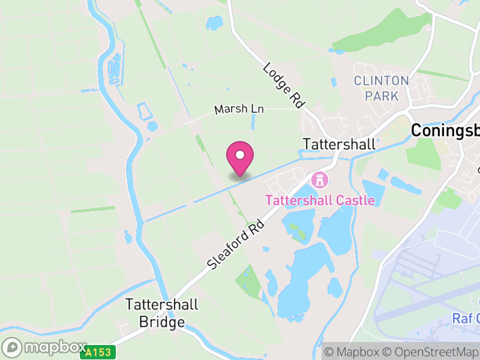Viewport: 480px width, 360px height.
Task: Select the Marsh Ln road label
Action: pos(239,110)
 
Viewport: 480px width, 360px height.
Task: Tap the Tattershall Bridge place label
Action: pos(161,313)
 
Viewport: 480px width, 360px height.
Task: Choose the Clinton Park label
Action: pos(381,88)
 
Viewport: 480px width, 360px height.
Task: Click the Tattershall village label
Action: pos(340,145)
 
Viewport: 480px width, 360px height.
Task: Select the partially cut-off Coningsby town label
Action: pos(445,131)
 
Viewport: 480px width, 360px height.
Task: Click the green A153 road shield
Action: pos(93,353)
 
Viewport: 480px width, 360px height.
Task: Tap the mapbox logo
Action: pos(44,347)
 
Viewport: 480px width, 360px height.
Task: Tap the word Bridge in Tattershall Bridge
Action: pos(161,322)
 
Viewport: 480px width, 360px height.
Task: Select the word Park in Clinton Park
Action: pos(385,96)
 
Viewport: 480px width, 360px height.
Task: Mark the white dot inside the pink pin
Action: pos(240,155)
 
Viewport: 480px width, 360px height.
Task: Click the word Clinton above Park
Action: pos(381,80)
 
